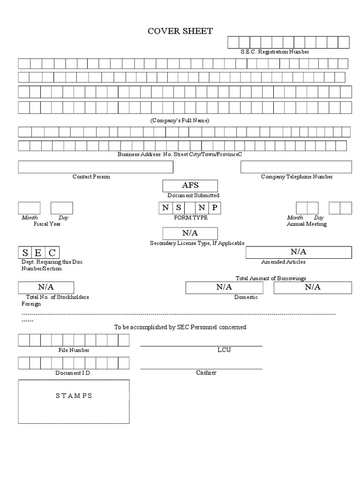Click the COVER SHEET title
(180, 31)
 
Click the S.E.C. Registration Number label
(275, 52)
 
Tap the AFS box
(190, 186)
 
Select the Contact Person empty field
(96, 167)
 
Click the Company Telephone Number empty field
(296, 167)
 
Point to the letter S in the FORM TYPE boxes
(178, 208)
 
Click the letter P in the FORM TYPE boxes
(214, 208)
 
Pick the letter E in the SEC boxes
(39, 252)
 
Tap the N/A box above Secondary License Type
(190, 233)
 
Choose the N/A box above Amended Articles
(299, 252)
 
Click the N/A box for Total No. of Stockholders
(46, 287)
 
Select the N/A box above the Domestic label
(224, 287)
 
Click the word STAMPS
(74, 396)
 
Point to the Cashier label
(206, 373)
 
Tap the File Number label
(74, 350)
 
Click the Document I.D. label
(73, 373)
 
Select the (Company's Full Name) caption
(180, 120)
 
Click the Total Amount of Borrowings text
(271, 278)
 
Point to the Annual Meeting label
(307, 224)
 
